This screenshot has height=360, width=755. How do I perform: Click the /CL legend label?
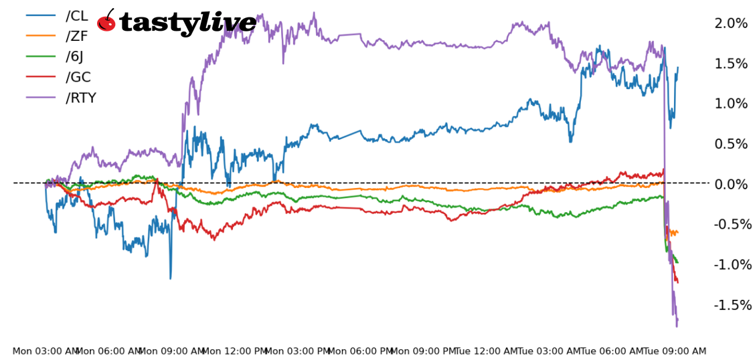pyautogui.click(x=76, y=15)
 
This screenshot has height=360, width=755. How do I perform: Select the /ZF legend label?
pyautogui.click(x=76, y=36)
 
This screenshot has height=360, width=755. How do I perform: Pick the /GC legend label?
pyautogui.click(x=78, y=77)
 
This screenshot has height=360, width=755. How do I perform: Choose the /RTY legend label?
pyautogui.click(x=81, y=98)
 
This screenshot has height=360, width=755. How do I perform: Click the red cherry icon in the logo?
pyautogui.click(x=106, y=22)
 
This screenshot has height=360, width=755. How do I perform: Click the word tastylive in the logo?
pyautogui.click(x=187, y=23)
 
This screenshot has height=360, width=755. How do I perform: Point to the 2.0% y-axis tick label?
pyautogui.click(x=731, y=23)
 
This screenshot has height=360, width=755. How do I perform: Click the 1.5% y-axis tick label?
pyautogui.click(x=731, y=64)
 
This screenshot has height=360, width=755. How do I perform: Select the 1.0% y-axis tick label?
pyautogui.click(x=731, y=104)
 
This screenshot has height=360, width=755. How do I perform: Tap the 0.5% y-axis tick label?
pyautogui.click(x=731, y=144)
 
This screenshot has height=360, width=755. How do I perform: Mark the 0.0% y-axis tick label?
pyautogui.click(x=731, y=184)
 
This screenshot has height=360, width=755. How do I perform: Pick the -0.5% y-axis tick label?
pyautogui.click(x=729, y=224)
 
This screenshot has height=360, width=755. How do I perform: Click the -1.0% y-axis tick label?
pyautogui.click(x=729, y=264)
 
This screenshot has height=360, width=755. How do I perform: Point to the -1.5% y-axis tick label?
pyautogui.click(x=729, y=304)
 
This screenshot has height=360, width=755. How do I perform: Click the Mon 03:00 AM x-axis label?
pyautogui.click(x=46, y=351)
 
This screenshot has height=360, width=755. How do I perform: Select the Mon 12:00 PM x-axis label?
pyautogui.click(x=234, y=351)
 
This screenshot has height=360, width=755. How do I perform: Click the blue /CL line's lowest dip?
pyautogui.click(x=170, y=278)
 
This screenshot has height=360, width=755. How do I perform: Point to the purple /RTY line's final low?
pyautogui.click(x=677, y=326)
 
